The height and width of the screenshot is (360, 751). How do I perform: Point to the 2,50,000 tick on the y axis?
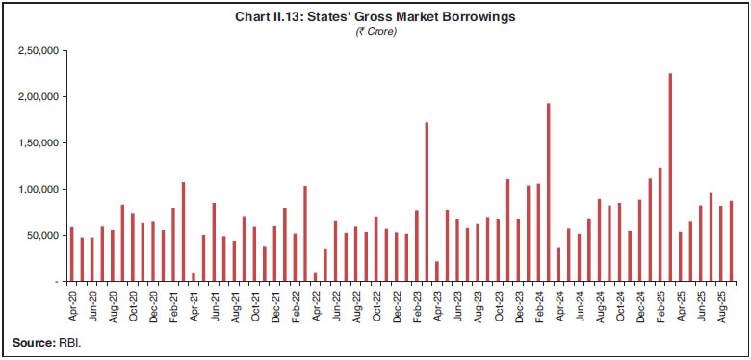tap(39, 50)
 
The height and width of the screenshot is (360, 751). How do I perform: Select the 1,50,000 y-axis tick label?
tap(39, 142)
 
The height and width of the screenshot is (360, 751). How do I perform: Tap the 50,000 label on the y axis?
tap(42, 235)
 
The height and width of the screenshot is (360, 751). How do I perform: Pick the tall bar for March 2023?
tap(427, 202)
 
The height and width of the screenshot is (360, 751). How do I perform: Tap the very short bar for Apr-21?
tap(194, 277)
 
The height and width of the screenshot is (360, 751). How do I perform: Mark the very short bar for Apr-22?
tap(315, 277)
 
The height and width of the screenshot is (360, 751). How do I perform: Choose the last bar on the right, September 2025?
tap(731, 241)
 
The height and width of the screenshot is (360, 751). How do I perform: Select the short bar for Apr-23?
tap(437, 270)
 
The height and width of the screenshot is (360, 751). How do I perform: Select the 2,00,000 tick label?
tap(39, 96)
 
